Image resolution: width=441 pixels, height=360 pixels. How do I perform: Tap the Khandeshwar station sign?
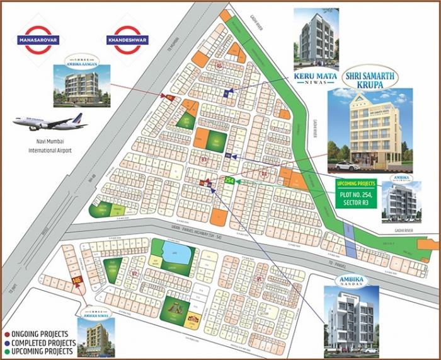[x=127, y=38]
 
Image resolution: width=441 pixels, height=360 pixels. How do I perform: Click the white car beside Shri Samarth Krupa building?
[x=345, y=165]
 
